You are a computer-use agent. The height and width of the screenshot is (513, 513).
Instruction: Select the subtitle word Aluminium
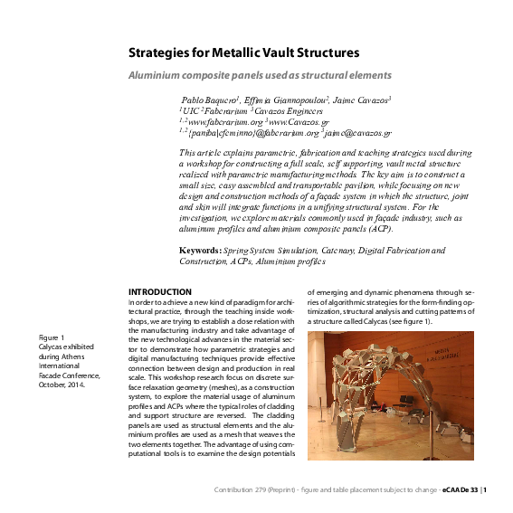click(157, 76)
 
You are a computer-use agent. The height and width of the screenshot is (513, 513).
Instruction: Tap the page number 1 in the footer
click(486, 490)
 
